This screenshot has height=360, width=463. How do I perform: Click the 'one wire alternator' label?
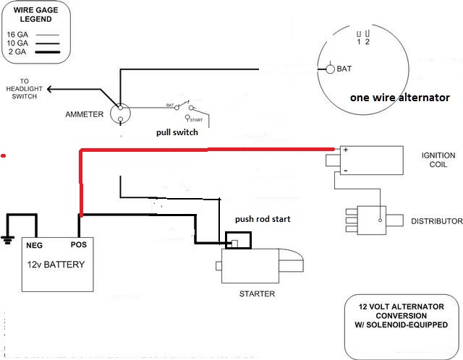pos(399,97)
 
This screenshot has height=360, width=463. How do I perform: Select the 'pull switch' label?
pos(177,133)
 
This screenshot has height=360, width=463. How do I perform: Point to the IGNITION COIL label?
pos(438,160)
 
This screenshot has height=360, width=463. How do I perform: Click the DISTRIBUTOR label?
pos(436,220)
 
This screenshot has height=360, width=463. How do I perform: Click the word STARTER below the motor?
pos(257,294)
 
